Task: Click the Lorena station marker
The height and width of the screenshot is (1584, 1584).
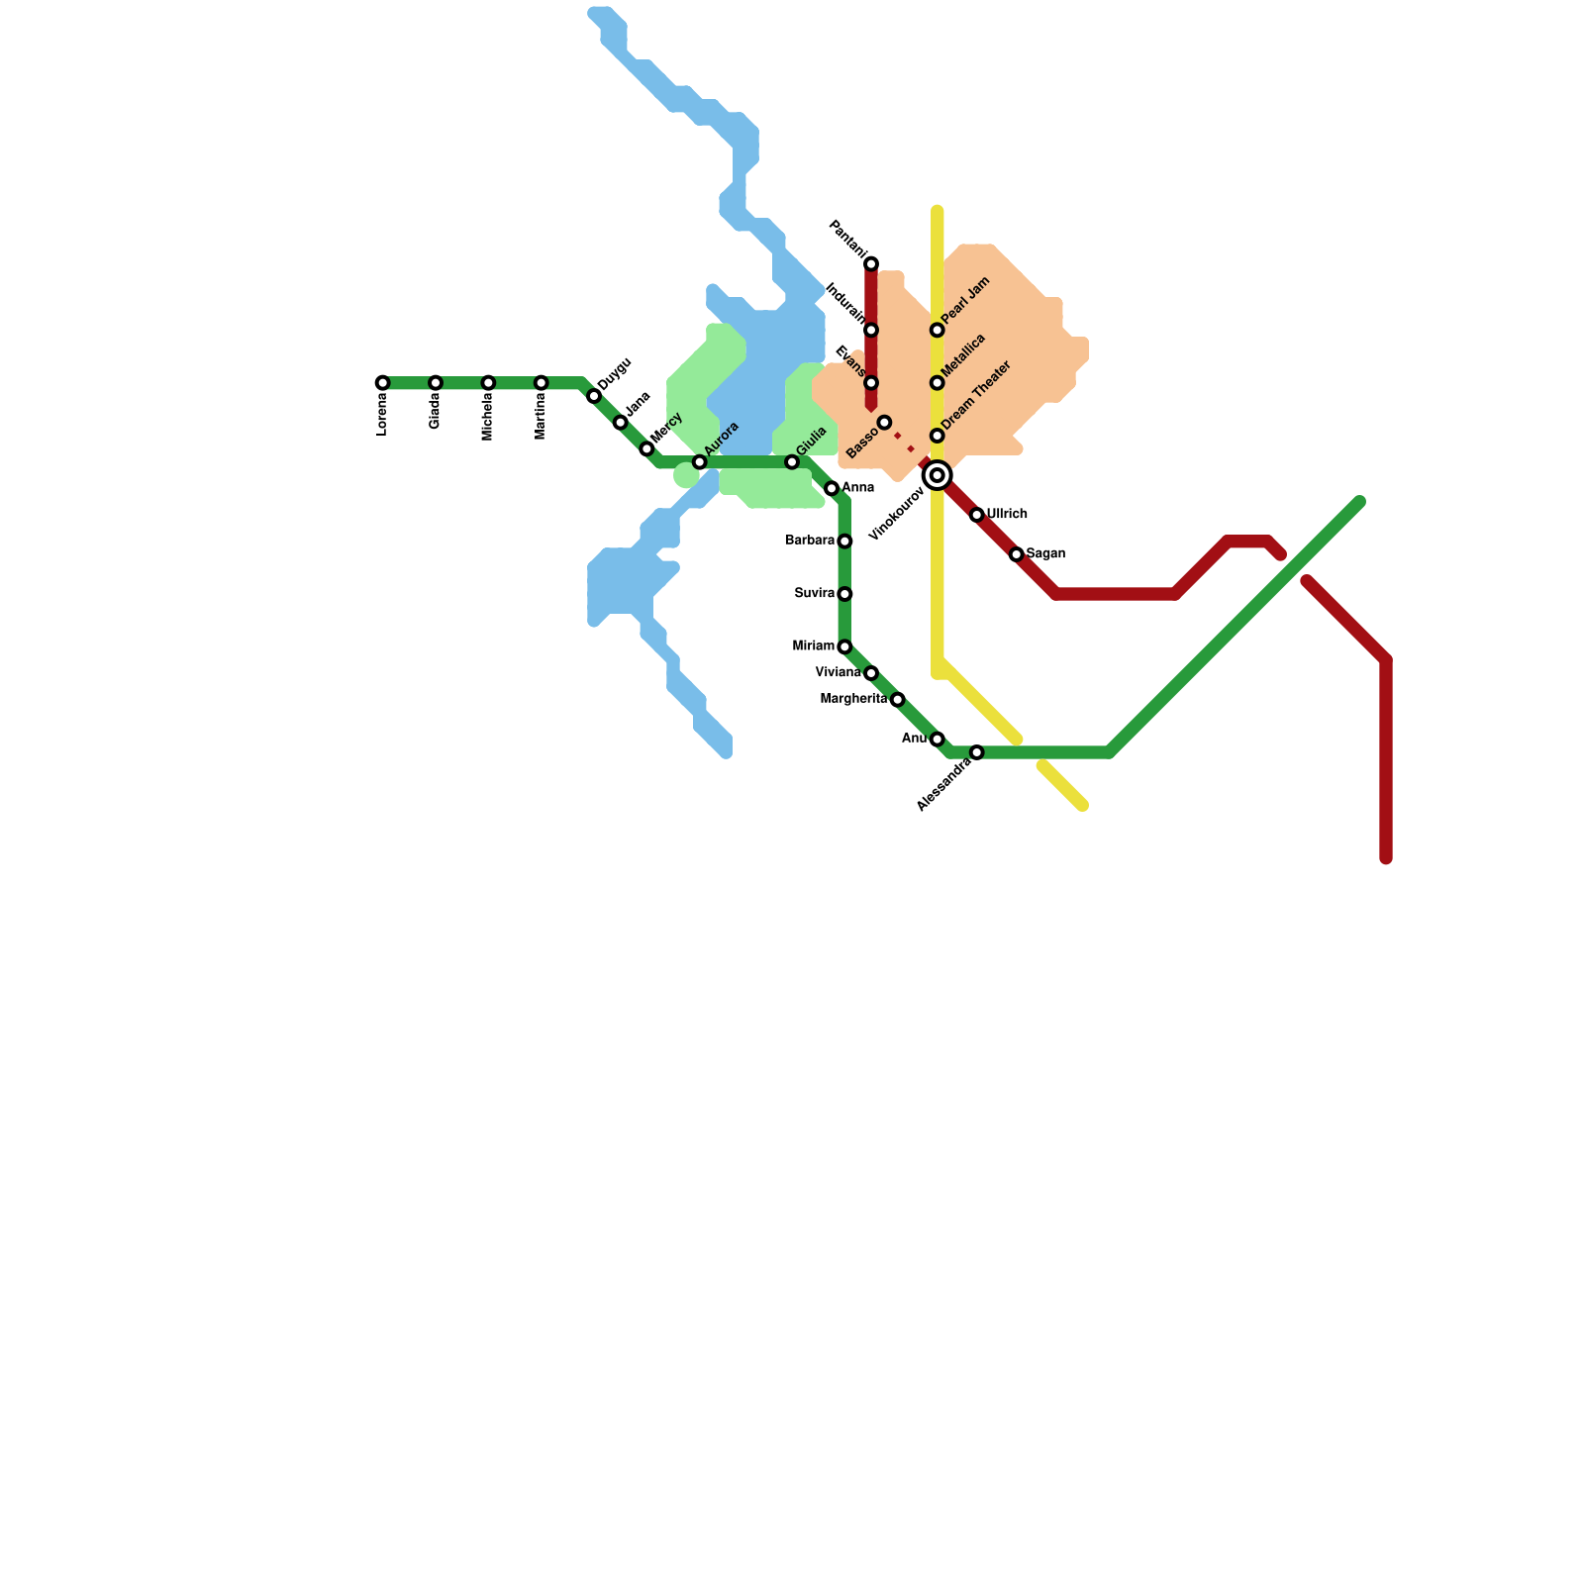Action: (382, 383)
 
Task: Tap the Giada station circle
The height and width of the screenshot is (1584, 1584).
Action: (436, 383)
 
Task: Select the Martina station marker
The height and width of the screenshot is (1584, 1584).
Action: (541, 383)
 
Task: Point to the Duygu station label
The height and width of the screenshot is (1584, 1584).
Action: (615, 373)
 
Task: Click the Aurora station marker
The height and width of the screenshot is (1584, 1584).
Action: (699, 462)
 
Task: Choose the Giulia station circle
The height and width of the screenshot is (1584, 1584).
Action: (792, 462)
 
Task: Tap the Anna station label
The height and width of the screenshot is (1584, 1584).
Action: (857, 488)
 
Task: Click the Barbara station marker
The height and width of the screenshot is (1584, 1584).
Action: (844, 542)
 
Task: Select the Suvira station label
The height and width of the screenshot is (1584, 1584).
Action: (815, 594)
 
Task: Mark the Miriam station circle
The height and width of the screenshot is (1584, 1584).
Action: (844, 646)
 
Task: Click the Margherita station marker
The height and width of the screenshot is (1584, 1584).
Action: (897, 700)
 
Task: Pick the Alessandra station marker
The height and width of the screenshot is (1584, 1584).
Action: (976, 752)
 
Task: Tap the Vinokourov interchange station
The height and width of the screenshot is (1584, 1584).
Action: (937, 476)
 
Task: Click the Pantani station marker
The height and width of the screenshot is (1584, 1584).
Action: (871, 264)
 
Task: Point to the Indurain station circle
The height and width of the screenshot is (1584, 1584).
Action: (871, 330)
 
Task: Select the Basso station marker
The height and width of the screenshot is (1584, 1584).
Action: (884, 423)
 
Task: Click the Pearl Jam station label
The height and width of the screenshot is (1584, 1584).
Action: (966, 301)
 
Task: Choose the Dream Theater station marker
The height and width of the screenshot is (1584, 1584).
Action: (937, 436)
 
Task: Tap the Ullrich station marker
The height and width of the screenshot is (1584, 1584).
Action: (976, 515)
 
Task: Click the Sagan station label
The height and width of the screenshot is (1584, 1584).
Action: (1045, 554)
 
